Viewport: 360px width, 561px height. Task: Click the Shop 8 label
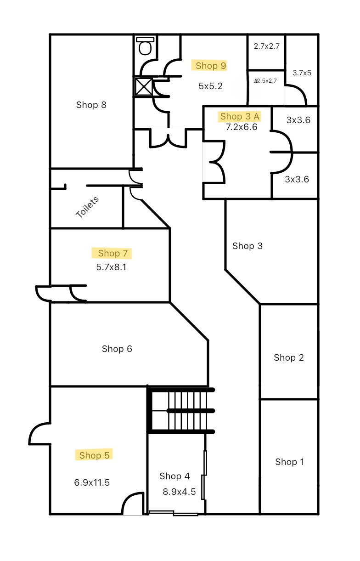(x=91, y=105)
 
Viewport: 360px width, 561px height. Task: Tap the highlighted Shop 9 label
(x=211, y=66)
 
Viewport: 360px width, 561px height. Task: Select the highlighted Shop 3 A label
(x=240, y=116)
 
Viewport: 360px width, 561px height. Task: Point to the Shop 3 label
(x=247, y=246)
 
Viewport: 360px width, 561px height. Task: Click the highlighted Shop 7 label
(x=112, y=253)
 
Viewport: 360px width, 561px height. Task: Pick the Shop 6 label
(x=117, y=349)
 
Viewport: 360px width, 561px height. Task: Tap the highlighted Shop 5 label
(x=94, y=455)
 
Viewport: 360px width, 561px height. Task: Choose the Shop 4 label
(x=174, y=476)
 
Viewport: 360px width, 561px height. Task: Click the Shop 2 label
(x=288, y=357)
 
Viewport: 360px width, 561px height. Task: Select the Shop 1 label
(x=289, y=462)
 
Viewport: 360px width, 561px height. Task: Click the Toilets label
(x=87, y=207)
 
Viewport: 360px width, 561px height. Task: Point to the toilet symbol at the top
(x=145, y=46)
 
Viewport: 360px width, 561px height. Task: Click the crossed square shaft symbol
(x=143, y=86)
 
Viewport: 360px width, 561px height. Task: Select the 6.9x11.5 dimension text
(x=92, y=482)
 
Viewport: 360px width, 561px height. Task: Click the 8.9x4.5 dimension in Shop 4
(x=179, y=492)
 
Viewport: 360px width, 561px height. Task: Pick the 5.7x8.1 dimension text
(x=111, y=266)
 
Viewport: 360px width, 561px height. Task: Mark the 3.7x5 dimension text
(x=302, y=73)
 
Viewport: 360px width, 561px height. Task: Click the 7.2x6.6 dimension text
(x=241, y=127)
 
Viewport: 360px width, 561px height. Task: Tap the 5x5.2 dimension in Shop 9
(x=211, y=86)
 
